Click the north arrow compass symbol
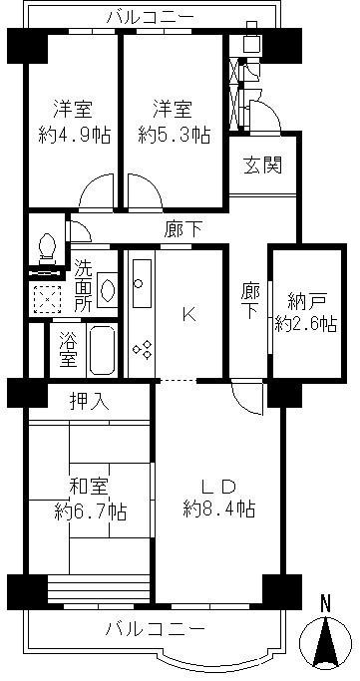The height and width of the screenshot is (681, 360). pyautogui.click(x=324, y=636)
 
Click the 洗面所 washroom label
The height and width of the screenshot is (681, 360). pyautogui.click(x=85, y=284)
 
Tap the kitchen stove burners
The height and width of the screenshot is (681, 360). pyautogui.click(x=141, y=349)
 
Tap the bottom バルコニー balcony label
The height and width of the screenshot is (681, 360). pyautogui.click(x=156, y=629)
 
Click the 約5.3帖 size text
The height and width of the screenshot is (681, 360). pyautogui.click(x=173, y=133)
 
